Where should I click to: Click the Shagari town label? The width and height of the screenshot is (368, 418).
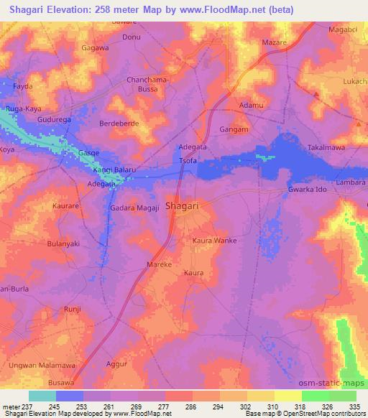(x=182, y=206)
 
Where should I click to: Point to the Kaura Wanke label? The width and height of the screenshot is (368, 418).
(x=214, y=240)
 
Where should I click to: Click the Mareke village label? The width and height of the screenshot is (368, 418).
(x=159, y=264)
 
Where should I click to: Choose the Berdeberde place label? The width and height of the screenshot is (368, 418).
(x=118, y=123)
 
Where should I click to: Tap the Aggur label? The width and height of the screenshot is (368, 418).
(x=116, y=366)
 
